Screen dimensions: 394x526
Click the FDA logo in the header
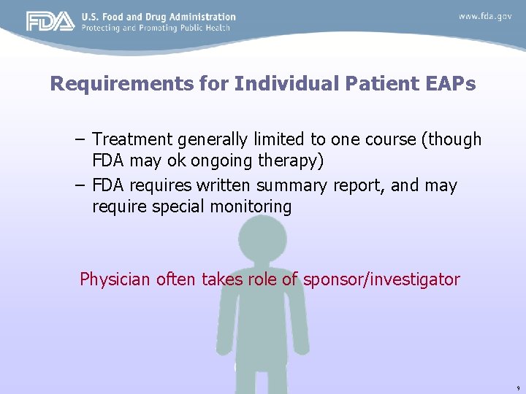coord(50,22)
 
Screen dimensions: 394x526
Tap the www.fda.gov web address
coord(485,16)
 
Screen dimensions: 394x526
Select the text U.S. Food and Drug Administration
coord(159,17)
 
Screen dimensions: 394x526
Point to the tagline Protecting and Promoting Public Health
coord(156,28)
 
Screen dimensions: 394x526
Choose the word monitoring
coord(251,207)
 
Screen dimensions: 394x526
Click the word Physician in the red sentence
coord(115,279)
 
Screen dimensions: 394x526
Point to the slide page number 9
coord(517,388)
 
